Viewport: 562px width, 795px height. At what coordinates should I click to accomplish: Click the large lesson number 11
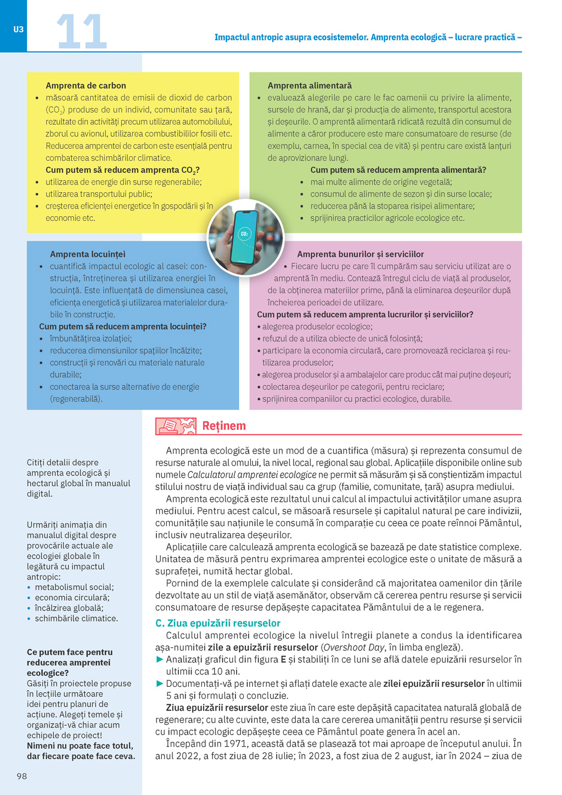tap(81, 32)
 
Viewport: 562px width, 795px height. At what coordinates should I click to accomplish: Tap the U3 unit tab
tap(18, 29)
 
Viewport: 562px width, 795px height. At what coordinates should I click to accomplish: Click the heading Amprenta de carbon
tap(86, 86)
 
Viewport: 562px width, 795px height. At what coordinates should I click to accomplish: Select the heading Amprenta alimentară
tap(310, 86)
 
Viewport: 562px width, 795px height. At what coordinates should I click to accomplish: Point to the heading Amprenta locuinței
tap(87, 254)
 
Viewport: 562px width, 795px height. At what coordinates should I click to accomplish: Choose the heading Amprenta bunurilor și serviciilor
tap(360, 254)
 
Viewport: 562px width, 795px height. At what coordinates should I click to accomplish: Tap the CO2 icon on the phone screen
tap(245, 233)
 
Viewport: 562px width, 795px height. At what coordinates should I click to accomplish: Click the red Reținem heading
tap(224, 426)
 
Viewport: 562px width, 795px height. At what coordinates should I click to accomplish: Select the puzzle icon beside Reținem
tap(176, 426)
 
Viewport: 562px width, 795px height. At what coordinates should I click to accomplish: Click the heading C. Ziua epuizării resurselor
tap(218, 623)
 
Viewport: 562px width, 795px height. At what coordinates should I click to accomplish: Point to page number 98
tap(21, 776)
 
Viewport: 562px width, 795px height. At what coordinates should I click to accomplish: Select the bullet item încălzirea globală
tap(69, 608)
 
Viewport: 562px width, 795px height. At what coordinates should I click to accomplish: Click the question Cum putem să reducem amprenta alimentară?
tap(398, 170)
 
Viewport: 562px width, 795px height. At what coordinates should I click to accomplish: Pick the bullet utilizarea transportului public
tap(99, 194)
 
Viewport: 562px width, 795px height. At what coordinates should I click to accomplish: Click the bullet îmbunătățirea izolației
tap(91, 339)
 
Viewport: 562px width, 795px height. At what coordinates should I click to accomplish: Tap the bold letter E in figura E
tap(284, 659)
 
